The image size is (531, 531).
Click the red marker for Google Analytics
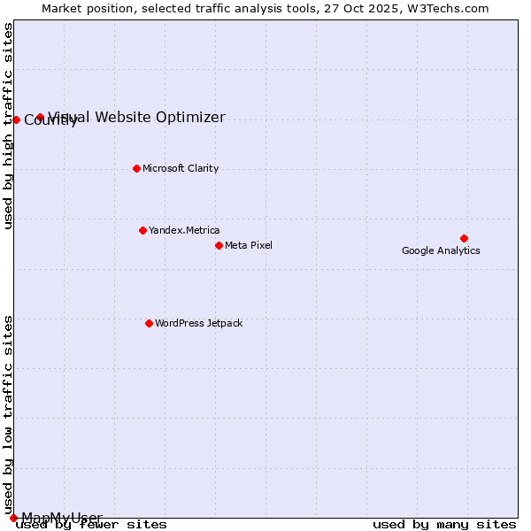click(464, 238)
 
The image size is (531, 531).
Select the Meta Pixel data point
click(219, 245)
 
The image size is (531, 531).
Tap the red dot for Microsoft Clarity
click(136, 168)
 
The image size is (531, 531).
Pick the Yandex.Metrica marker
click(142, 230)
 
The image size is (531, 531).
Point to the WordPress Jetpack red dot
click(149, 323)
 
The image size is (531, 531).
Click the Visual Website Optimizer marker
click(40, 117)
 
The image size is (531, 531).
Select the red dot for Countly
click(16, 119)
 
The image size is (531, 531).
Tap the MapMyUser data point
click(13, 518)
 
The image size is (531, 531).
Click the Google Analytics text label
click(441, 251)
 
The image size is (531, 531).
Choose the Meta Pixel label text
click(249, 245)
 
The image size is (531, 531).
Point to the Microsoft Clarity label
click(181, 168)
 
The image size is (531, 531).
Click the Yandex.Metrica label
click(184, 230)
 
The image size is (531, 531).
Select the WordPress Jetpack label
click(198, 323)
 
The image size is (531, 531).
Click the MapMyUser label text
click(62, 518)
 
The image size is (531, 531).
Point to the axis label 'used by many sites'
click(444, 525)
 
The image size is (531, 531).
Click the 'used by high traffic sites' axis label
click(9, 126)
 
